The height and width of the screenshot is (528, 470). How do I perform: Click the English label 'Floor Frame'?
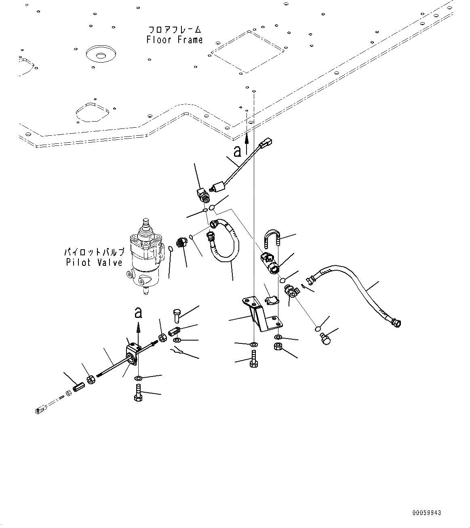pyautogui.click(x=175, y=40)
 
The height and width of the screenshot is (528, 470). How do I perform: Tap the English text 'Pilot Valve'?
pyautogui.click(x=94, y=263)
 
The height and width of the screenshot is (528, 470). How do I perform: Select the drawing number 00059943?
pyautogui.click(x=427, y=513)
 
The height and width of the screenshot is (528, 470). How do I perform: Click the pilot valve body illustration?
pyautogui.click(x=145, y=259)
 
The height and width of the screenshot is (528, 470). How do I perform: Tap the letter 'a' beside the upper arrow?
pyautogui.click(x=238, y=151)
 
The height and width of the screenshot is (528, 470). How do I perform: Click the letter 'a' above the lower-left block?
pyautogui.click(x=138, y=312)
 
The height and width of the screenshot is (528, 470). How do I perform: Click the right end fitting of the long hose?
pyautogui.click(x=395, y=322)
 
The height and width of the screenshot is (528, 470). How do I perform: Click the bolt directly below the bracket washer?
pyautogui.click(x=253, y=358)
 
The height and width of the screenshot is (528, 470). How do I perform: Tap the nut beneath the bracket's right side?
pyautogui.click(x=278, y=347)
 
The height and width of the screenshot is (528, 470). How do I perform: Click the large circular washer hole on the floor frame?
pyautogui.click(x=101, y=54)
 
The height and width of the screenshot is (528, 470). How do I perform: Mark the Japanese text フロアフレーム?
pyautogui.click(x=175, y=30)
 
